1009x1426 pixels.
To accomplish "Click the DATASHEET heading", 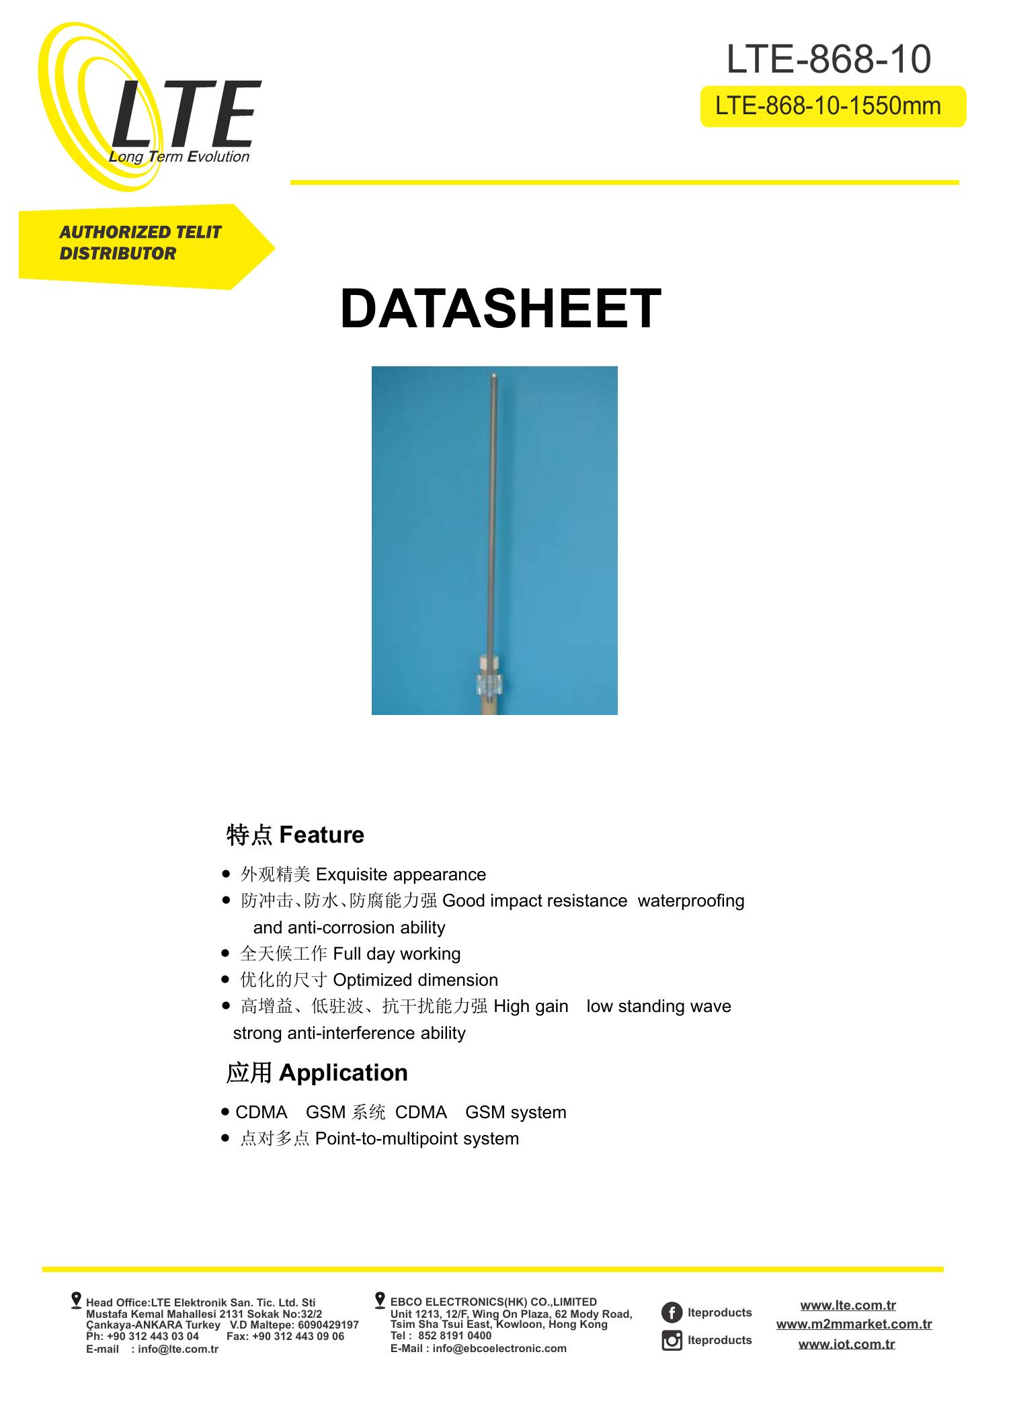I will point(500,309).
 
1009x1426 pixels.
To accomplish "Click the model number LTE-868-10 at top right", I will point(828,59).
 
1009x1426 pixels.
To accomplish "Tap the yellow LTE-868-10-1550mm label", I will point(832,106).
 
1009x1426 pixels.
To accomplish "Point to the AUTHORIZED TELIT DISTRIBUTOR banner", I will point(140,243).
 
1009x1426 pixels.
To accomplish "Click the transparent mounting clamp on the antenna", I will point(491,685).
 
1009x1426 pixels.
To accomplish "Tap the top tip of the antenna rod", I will point(494,376).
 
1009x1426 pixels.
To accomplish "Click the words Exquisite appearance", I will point(401,874).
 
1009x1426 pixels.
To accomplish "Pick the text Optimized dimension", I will point(415,980).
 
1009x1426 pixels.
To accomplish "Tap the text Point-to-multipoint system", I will point(417,1138).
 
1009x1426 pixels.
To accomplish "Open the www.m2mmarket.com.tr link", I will point(854,1324).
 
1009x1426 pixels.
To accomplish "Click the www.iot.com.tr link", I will point(846,1343).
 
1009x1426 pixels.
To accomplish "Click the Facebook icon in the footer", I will point(672,1312).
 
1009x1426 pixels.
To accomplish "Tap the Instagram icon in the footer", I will point(672,1340).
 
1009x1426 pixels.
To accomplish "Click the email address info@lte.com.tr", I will point(178,1349).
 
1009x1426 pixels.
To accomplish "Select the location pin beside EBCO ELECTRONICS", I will point(380,1300).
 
